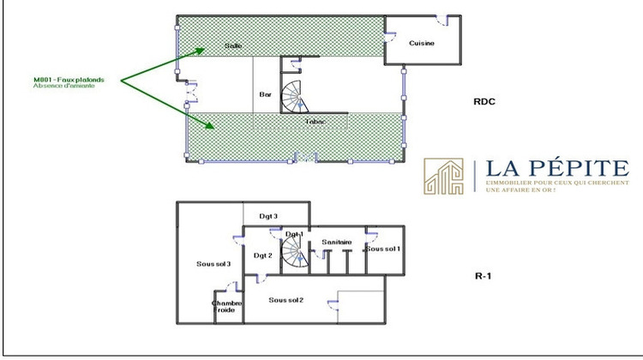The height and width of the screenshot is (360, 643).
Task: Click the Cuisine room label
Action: [421, 43]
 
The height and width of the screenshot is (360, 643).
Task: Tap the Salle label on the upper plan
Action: [233, 45]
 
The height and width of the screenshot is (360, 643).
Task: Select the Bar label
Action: [265, 95]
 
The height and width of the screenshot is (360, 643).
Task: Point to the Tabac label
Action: [314, 122]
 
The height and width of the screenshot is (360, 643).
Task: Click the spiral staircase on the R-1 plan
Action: [295, 252]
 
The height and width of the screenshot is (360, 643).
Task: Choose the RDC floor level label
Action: [485, 101]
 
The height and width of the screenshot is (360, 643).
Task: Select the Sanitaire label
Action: [337, 243]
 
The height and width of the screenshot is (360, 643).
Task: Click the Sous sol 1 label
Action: [383, 249]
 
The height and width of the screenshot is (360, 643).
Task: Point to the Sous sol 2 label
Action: [286, 300]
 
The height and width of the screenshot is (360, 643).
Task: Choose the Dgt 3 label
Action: [269, 217]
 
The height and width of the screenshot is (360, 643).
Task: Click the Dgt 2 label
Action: [262, 255]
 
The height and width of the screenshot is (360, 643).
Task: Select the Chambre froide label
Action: [227, 307]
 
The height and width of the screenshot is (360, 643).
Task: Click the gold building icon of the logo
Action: [443, 176]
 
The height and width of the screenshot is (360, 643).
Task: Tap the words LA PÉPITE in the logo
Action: [557, 169]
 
